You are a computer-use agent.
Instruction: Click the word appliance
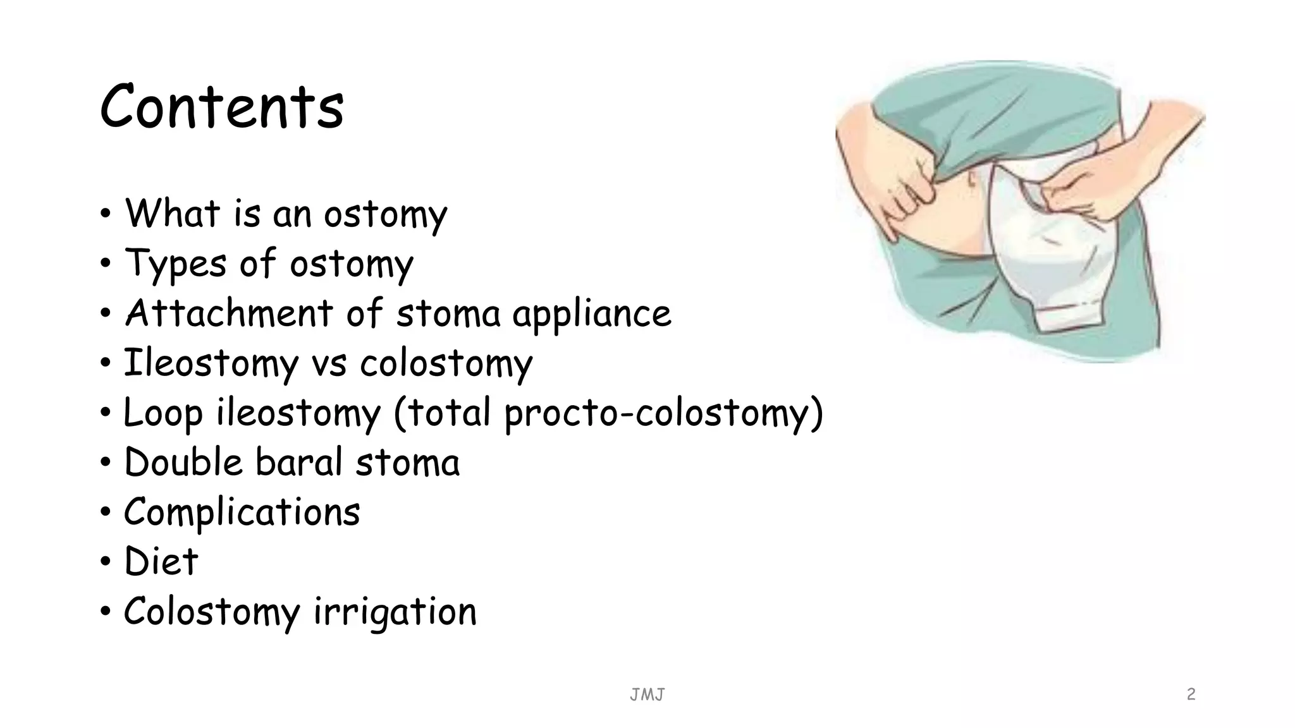click(x=591, y=314)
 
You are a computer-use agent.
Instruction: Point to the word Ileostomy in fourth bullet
click(x=211, y=363)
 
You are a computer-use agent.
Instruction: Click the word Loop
click(x=163, y=413)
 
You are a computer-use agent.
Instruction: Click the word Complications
click(x=242, y=512)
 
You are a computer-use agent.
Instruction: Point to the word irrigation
click(x=395, y=612)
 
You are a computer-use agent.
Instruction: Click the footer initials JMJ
click(x=647, y=695)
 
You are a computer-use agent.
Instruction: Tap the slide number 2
click(x=1191, y=694)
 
